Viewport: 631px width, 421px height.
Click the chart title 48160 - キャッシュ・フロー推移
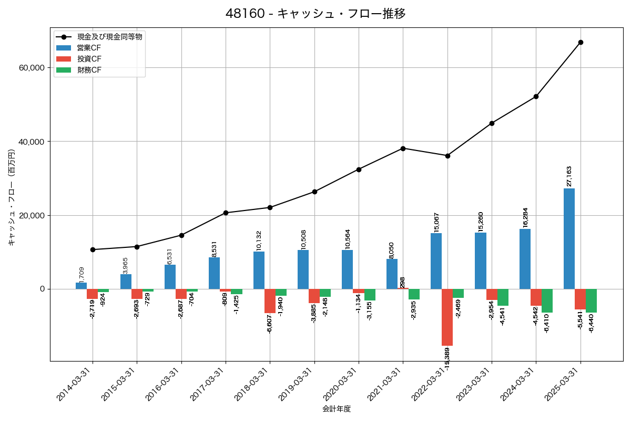click(x=315, y=14)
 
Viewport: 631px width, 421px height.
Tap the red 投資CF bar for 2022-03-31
click(x=447, y=317)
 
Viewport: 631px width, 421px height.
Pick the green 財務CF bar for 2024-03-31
click(x=547, y=300)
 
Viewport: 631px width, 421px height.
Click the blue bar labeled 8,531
click(x=214, y=273)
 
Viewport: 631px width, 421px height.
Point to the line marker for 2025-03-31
click(x=581, y=42)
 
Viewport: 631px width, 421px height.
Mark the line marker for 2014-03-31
click(x=93, y=249)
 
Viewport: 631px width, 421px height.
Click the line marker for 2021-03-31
click(x=403, y=148)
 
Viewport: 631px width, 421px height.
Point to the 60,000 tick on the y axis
click(x=32, y=68)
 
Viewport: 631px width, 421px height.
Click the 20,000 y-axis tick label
click(x=32, y=215)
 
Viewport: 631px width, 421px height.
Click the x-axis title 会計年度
click(x=337, y=409)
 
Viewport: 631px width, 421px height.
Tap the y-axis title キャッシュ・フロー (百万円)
click(x=12, y=197)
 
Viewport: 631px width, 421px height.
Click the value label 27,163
click(x=569, y=176)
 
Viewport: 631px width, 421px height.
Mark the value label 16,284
click(x=525, y=217)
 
